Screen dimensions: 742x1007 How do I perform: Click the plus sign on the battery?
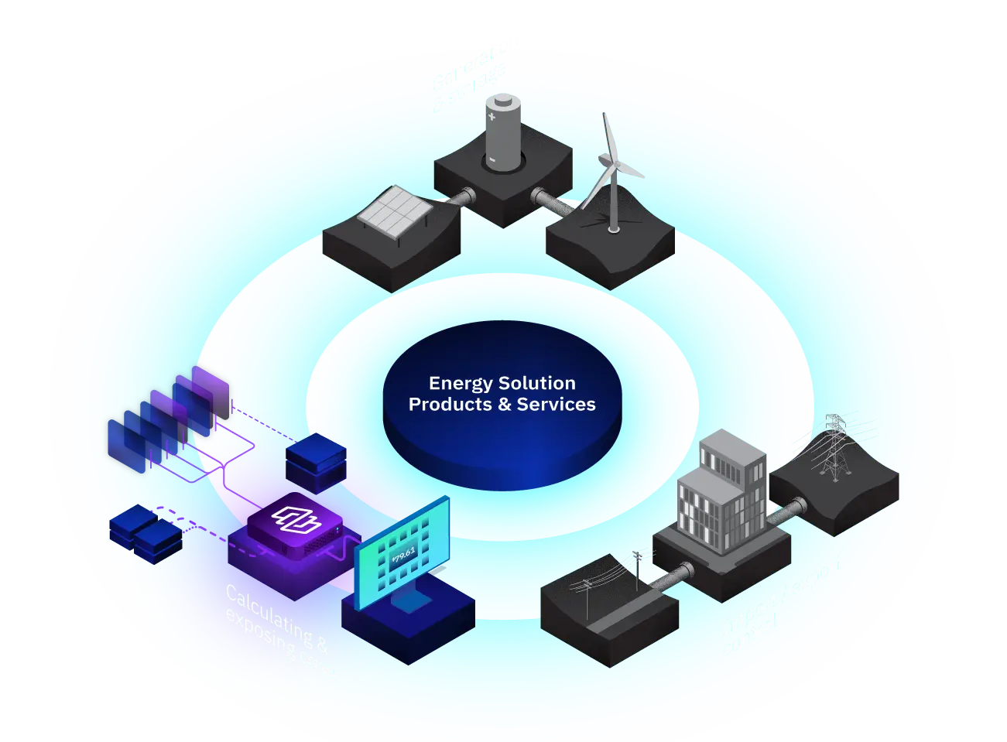pos(492,115)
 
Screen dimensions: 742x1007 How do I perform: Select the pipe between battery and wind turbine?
pos(554,202)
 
